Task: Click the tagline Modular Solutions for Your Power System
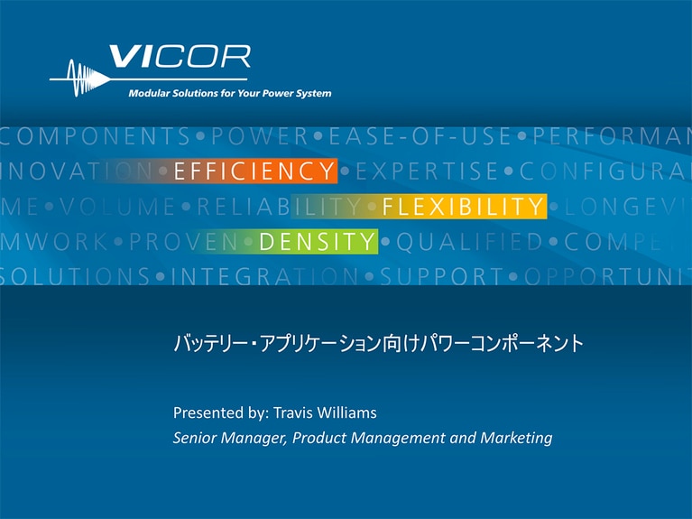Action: (x=230, y=93)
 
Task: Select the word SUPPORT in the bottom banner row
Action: (x=441, y=276)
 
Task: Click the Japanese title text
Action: (x=378, y=344)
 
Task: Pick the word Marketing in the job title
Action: (x=518, y=439)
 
